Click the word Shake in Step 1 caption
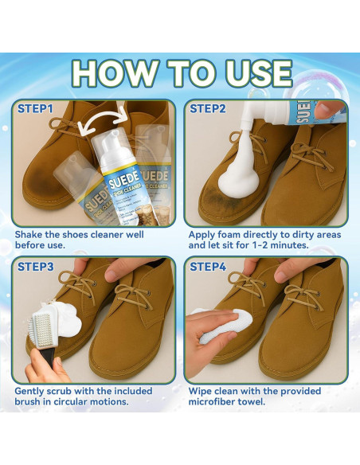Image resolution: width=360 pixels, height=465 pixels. click(x=29, y=235)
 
